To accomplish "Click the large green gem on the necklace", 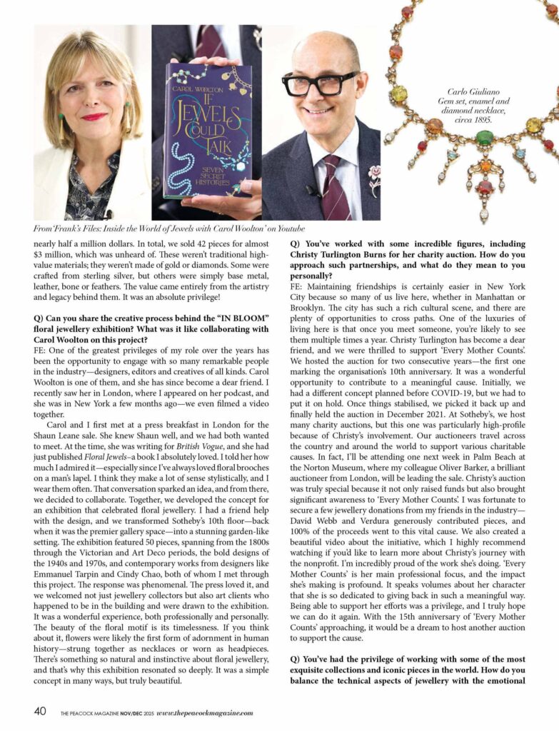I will click(x=485, y=138).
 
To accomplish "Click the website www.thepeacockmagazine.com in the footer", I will click(x=203, y=712).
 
